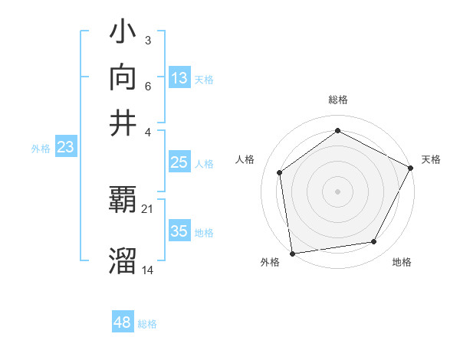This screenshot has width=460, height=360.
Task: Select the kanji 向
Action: tap(123, 78)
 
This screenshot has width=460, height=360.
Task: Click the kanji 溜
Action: tap(123, 261)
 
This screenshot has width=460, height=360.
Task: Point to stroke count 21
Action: tap(148, 208)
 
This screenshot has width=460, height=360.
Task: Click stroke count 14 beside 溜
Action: tap(148, 269)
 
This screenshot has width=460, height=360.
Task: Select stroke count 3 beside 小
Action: tap(147, 39)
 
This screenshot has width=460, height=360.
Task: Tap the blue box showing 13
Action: tap(179, 78)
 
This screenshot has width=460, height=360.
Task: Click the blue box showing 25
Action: tap(179, 163)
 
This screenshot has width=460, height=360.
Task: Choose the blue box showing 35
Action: tap(179, 231)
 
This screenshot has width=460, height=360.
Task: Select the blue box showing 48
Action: tap(123, 322)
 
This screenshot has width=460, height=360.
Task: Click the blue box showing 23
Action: tap(65, 148)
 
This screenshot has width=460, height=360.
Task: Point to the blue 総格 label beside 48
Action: tap(147, 324)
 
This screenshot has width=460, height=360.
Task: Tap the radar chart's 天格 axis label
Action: tap(431, 159)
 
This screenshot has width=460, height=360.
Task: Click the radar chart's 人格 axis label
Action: tap(245, 159)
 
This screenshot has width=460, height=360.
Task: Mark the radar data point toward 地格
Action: tap(374, 242)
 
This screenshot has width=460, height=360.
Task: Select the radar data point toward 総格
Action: tap(337, 131)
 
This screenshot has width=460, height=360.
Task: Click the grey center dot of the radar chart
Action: tap(337, 191)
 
